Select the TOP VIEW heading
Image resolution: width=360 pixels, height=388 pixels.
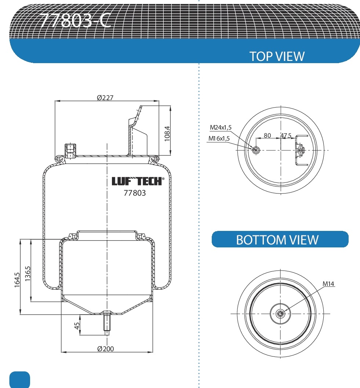click(277, 56)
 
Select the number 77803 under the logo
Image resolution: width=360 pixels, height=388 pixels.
click(135, 193)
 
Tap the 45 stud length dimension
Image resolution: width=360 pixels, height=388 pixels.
click(77, 325)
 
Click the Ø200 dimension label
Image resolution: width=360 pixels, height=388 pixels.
click(105, 348)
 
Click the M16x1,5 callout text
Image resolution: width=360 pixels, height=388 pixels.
click(219, 138)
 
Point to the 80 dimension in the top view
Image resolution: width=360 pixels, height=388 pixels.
click(267, 135)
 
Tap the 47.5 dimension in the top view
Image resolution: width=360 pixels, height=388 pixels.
click(286, 135)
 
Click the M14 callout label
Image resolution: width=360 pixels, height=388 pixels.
click(329, 283)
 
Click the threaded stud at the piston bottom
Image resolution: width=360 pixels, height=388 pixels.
click(106, 323)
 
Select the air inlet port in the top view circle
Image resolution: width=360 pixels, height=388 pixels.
click(256, 149)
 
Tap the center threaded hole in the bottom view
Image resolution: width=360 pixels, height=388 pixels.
click(280, 313)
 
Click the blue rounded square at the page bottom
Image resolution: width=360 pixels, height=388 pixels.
click(20, 380)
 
